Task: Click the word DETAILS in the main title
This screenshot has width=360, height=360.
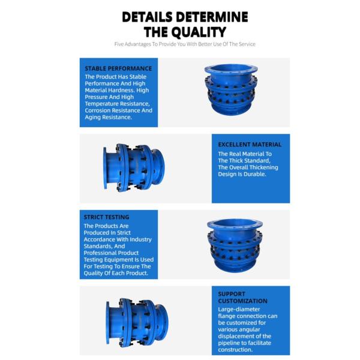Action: point(147,17)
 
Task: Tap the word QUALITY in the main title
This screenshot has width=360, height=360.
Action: point(199,32)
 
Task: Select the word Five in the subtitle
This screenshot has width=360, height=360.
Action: point(119,44)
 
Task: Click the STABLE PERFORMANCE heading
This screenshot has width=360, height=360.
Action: point(118,68)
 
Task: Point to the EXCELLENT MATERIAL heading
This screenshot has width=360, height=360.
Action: point(250,145)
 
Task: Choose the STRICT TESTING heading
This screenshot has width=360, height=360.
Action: point(106,217)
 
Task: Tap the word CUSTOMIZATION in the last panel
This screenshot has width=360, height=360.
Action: point(242,301)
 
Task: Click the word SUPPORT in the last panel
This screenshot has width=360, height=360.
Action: point(232,294)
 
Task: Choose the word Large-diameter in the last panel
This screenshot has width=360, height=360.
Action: point(239,309)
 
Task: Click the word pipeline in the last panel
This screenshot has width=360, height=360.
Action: point(229,343)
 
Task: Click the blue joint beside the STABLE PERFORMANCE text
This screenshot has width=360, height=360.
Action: point(231,90)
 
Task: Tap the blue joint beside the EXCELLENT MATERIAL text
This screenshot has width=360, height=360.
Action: point(134,168)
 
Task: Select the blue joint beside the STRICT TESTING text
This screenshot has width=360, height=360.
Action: point(235,245)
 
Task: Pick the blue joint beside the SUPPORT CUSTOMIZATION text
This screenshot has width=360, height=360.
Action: point(137,322)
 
